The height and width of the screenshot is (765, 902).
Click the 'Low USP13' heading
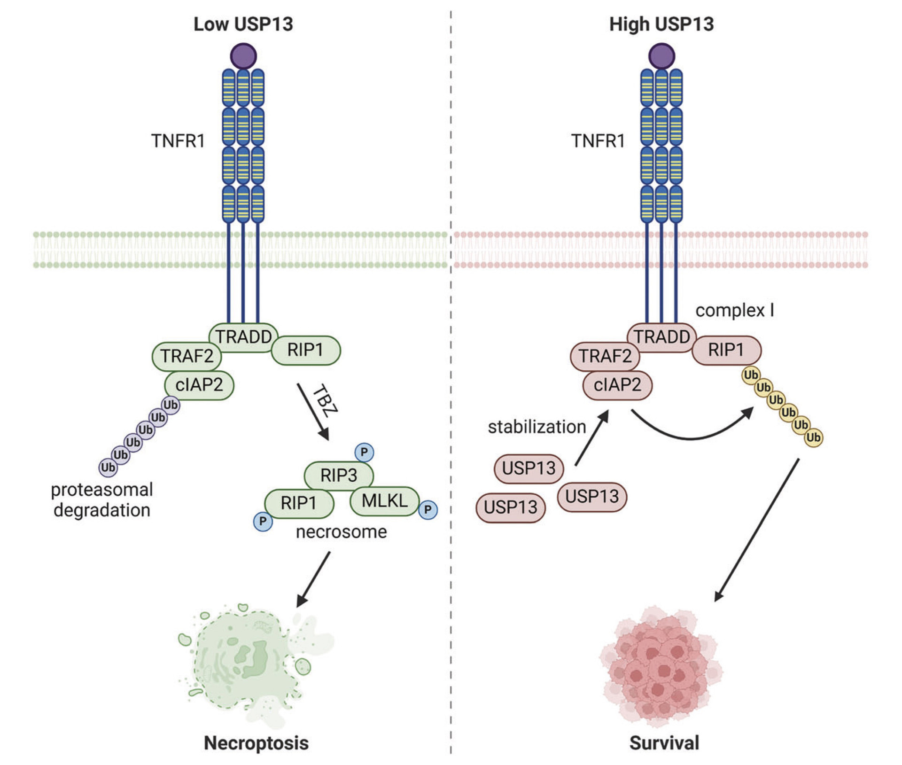point(243,24)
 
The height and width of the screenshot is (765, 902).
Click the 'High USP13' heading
point(661,24)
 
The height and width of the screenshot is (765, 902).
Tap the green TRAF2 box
point(187,356)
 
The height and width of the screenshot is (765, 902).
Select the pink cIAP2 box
point(617,385)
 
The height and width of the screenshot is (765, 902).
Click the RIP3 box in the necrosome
point(339,475)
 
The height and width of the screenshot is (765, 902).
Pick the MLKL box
point(384,501)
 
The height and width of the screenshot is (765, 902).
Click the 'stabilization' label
point(537,427)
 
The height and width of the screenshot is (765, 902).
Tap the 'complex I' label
point(734,311)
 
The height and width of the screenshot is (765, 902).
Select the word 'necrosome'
point(341,532)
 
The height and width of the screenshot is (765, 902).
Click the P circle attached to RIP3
point(364,453)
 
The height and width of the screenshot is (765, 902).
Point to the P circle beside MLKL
point(428,510)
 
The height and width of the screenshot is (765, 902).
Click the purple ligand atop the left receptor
point(243,56)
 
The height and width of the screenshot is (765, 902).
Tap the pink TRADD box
point(661,337)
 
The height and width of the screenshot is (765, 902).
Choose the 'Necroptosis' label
point(256,743)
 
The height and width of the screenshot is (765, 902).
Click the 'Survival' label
point(664,743)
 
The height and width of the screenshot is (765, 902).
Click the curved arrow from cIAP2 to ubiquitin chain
point(691,435)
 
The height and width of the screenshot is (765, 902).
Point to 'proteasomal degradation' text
point(102,500)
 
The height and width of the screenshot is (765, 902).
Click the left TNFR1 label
point(178,141)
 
